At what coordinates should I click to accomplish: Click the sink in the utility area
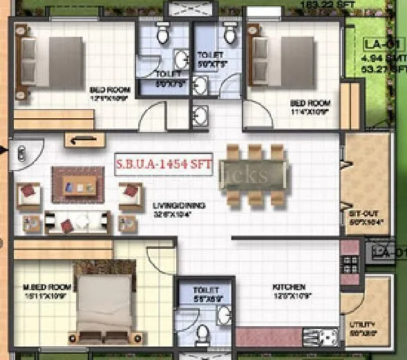coord(325,337)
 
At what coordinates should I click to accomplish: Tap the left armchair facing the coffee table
coord(29,193)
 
